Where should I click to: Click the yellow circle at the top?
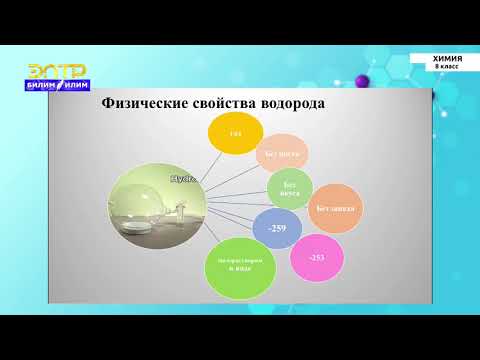click(x=236, y=134)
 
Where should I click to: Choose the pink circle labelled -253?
click(x=317, y=257)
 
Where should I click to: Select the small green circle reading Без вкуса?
click(x=290, y=189)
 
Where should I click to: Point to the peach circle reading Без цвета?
click(x=281, y=154)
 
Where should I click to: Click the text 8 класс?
click(x=447, y=67)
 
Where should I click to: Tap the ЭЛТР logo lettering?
click(x=56, y=70)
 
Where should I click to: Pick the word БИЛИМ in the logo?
click(x=43, y=85)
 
